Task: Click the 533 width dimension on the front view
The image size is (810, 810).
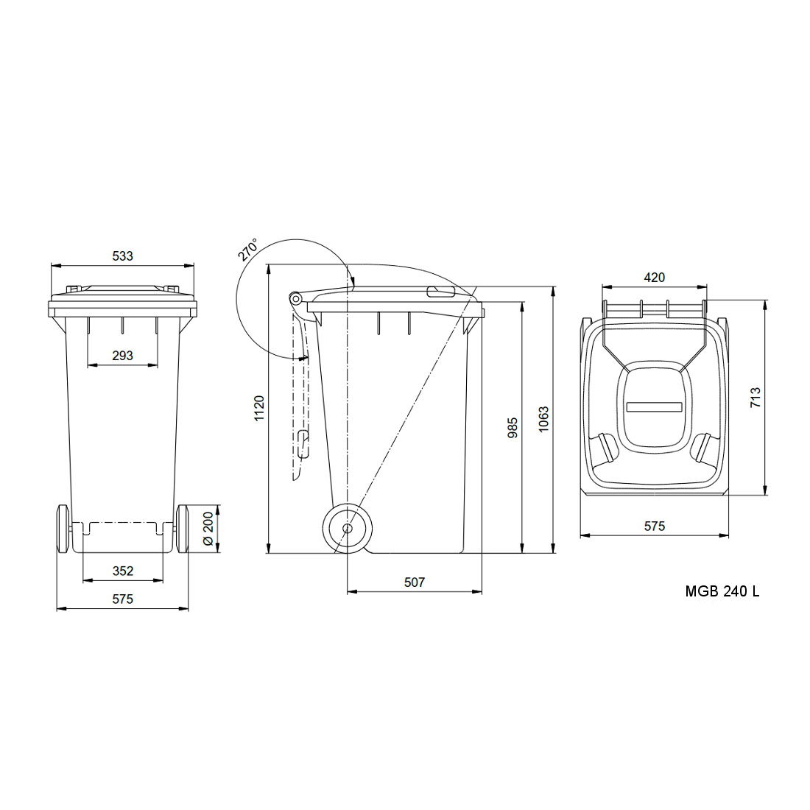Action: [x=122, y=256]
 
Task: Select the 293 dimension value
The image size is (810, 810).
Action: [x=122, y=355]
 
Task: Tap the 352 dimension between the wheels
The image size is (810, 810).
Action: [x=122, y=570]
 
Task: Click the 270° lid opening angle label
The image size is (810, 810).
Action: [x=248, y=250]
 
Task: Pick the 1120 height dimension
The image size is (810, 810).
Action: [x=258, y=408]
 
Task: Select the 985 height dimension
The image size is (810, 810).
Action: [x=513, y=428]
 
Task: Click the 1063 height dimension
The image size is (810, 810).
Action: [x=543, y=419]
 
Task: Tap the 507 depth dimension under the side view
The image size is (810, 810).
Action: [x=415, y=582]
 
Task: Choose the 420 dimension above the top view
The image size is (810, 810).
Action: [x=654, y=278]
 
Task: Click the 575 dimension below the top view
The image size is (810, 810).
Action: [x=655, y=526]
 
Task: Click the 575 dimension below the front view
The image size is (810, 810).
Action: [x=122, y=599]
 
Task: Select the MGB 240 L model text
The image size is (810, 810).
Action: [x=722, y=591]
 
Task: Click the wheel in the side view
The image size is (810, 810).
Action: [x=347, y=528]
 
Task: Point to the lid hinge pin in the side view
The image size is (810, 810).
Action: [x=295, y=298]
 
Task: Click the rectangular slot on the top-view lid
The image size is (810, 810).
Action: [x=655, y=406]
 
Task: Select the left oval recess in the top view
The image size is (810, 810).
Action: [x=607, y=446]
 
